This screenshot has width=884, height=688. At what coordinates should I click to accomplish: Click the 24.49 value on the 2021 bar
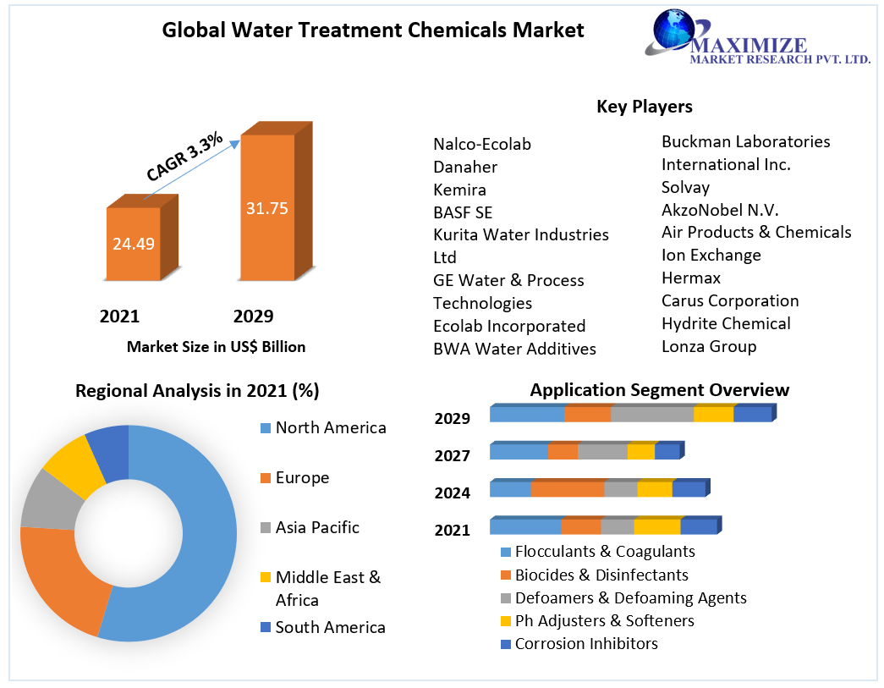coord(134,244)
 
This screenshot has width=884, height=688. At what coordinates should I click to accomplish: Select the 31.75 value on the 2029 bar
coord(267,208)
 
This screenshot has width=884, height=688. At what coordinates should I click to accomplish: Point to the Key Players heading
coord(645,107)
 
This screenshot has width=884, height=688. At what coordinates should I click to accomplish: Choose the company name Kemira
coord(459,190)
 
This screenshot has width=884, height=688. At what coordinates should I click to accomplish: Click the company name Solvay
coord(685,187)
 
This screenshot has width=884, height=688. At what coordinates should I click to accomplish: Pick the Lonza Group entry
coord(709,346)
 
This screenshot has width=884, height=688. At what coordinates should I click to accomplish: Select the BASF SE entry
coord(463,212)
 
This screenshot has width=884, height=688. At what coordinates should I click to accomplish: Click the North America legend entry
coord(330,428)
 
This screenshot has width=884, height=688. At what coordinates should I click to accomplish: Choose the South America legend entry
coord(330,627)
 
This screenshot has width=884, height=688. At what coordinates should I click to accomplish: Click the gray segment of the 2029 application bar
coord(651,414)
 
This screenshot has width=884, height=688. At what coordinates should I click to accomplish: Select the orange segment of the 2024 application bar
coord(568,489)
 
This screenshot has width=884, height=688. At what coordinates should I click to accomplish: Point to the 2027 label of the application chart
coord(453,456)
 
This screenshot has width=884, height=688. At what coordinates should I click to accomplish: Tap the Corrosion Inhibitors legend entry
coord(585,644)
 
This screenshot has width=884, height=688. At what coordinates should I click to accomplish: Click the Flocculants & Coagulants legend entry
coord(604,552)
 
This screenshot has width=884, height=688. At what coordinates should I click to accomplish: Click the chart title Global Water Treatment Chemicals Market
coord(373,30)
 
